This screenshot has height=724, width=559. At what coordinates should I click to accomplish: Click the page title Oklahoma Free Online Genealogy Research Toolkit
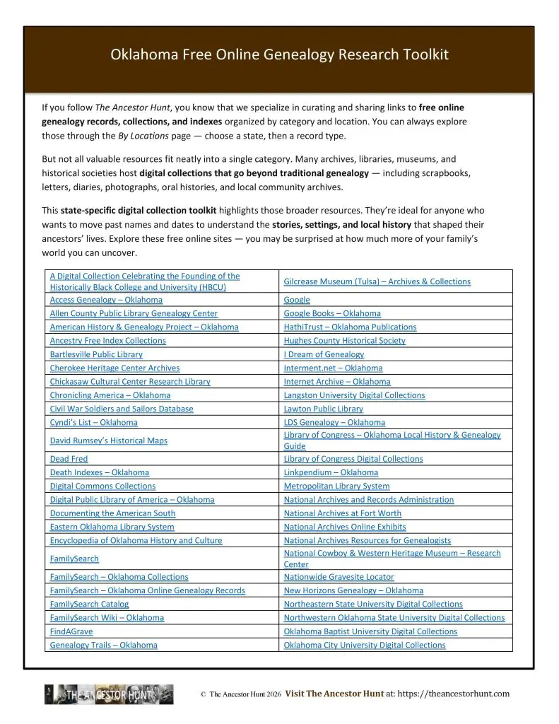(279, 55)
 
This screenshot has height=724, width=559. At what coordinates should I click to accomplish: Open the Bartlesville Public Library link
(96, 354)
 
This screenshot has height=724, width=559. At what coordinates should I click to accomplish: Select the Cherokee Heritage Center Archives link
(114, 368)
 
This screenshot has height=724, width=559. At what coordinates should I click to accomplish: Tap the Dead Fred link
(69, 459)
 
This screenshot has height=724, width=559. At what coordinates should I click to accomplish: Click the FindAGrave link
(71, 631)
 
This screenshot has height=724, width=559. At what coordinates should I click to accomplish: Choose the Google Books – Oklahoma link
(332, 313)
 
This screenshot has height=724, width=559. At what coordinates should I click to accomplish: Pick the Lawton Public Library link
(324, 409)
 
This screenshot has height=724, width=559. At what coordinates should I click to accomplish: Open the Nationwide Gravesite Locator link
(339, 577)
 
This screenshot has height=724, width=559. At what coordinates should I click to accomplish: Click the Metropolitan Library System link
(336, 486)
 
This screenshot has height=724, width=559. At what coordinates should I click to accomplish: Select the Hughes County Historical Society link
(345, 340)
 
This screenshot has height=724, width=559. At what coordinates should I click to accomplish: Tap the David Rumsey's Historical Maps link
(108, 440)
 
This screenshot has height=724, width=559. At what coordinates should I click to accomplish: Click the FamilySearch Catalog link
(89, 604)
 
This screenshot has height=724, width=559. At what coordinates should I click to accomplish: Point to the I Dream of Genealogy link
(324, 354)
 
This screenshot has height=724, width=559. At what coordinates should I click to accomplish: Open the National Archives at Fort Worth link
(343, 513)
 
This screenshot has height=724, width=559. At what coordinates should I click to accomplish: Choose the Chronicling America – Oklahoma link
(110, 395)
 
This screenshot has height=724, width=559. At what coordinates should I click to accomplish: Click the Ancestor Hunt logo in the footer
(109, 694)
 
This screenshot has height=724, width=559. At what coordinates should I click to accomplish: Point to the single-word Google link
(297, 300)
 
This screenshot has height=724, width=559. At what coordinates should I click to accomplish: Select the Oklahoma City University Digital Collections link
(365, 645)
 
